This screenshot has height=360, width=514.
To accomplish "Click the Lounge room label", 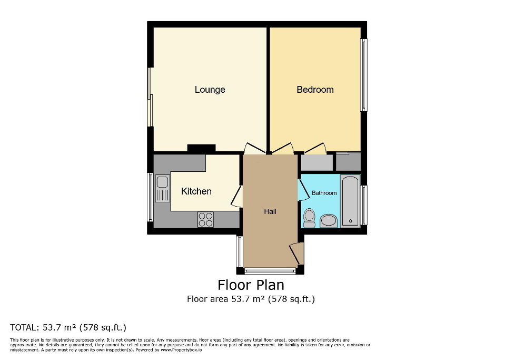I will [x=210, y=90].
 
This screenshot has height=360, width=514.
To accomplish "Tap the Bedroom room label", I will [x=315, y=90].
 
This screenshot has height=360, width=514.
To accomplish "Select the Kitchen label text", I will [x=196, y=191].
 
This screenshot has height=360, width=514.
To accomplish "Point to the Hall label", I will [x=270, y=211].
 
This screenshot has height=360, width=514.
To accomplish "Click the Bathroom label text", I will [x=324, y=193].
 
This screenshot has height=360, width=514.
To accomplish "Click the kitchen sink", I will [x=163, y=189].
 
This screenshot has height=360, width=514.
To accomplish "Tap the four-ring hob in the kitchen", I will [x=205, y=219].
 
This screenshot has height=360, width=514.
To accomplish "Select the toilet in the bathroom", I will [x=310, y=217].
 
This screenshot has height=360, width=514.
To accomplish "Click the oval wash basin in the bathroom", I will [x=329, y=220].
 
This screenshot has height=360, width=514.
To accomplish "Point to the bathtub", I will [x=350, y=201].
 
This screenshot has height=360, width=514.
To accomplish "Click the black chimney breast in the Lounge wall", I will [x=201, y=149].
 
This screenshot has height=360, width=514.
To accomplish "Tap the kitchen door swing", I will [x=236, y=196].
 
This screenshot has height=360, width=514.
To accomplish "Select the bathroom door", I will [x=303, y=190].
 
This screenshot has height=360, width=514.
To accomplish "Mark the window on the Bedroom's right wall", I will [x=363, y=75].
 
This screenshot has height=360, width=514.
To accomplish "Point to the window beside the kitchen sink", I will [x=151, y=197].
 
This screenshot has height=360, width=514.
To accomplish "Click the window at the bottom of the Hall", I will [x=270, y=271].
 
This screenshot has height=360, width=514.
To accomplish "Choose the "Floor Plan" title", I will [x=251, y=285].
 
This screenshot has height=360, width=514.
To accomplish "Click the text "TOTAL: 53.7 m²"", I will [x=68, y=327].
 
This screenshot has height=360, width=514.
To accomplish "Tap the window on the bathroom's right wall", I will [x=364, y=205].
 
